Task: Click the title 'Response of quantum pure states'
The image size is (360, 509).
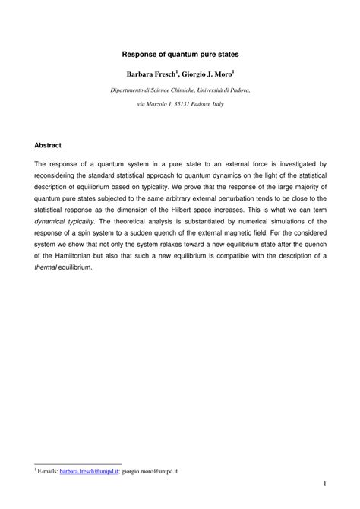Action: [x=180, y=55]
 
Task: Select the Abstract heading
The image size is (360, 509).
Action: [x=48, y=144]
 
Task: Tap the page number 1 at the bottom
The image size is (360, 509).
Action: [x=324, y=484]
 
